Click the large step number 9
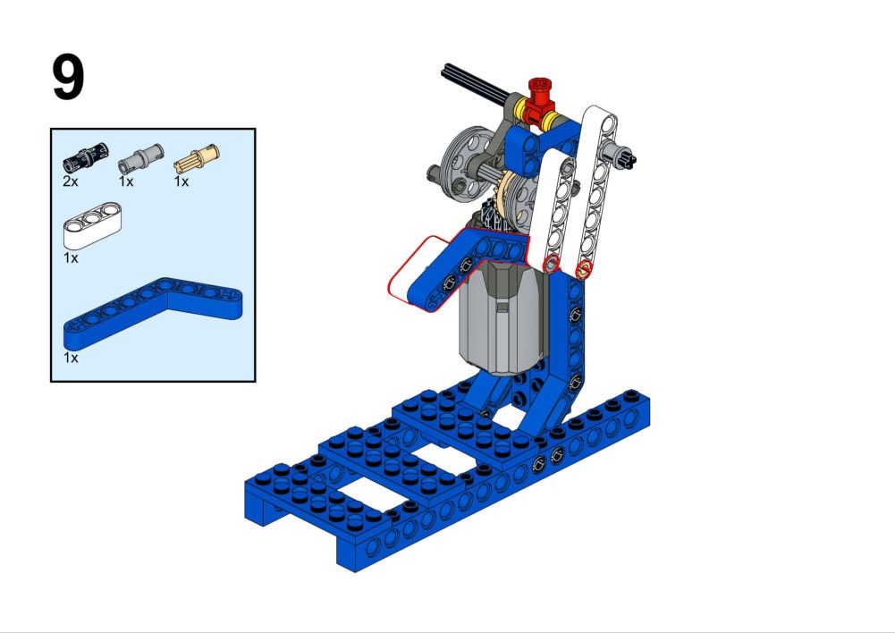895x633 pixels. click(x=69, y=77)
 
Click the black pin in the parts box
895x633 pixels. click(x=85, y=157)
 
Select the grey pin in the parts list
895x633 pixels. click(x=141, y=158)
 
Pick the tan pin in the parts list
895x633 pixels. click(x=197, y=158)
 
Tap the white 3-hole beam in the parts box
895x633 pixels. click(x=92, y=225)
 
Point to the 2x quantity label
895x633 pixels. click(x=71, y=181)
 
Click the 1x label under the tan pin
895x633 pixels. click(x=181, y=181)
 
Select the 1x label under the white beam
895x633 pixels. click(x=71, y=258)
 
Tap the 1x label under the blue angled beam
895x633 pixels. click(x=71, y=358)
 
